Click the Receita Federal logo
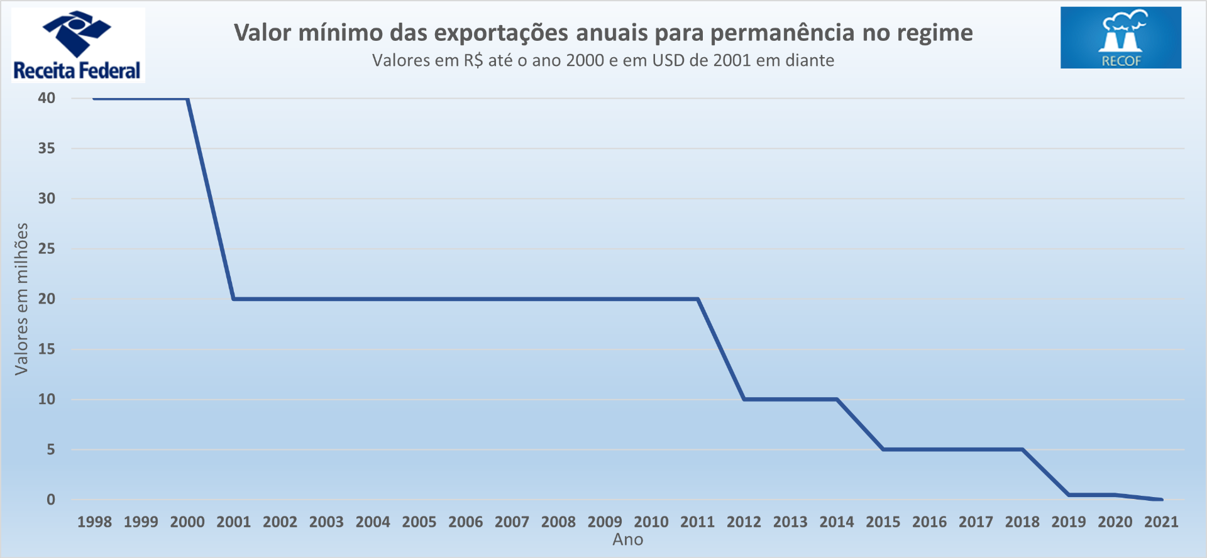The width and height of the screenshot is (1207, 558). coord(77,45)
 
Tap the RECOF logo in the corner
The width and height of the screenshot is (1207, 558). coord(1120,38)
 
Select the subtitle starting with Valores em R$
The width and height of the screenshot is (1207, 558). coord(603,60)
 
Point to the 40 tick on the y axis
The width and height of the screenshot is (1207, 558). coord(47,98)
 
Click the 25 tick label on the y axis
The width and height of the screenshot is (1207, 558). coord(47,249)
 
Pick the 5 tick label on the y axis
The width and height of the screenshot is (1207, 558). coord(50,450)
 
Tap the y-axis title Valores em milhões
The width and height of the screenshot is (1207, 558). coord(21,299)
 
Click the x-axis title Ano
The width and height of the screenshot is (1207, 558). coord(627,540)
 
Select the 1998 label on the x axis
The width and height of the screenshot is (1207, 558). coord(94,522)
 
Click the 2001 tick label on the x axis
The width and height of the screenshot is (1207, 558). coord(233,522)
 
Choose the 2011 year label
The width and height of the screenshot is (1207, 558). coord(697,522)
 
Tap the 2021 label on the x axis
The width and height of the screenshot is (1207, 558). coord(1161,522)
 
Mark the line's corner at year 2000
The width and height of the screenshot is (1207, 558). coord(188,99)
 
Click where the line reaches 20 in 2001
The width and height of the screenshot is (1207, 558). coord(233,298)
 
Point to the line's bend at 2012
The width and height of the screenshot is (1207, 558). coord(744,399)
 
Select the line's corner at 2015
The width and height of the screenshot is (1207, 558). coord(883,449)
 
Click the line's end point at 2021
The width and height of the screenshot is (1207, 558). coord(1161,500)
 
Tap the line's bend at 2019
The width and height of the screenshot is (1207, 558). coord(1069,495)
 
